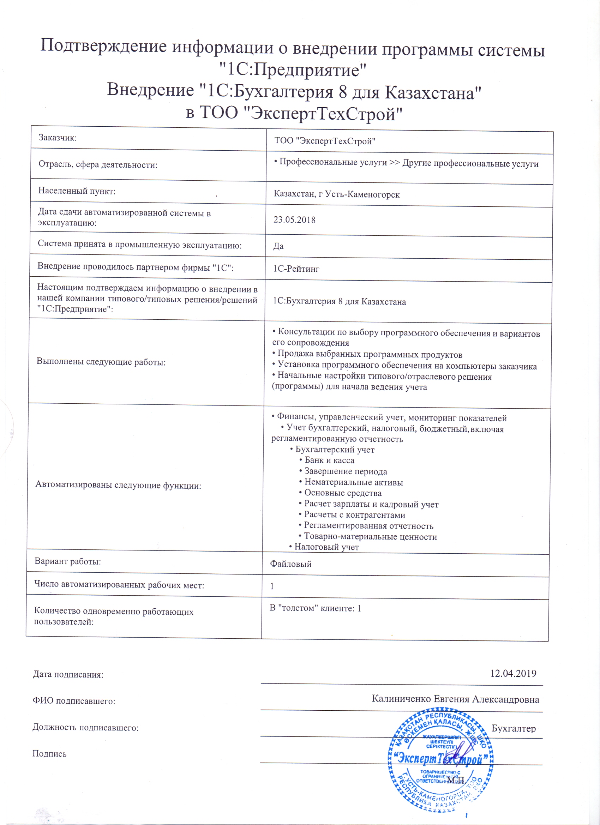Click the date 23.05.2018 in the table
[294, 220]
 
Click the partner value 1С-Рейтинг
[296, 269]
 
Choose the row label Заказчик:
[58, 138]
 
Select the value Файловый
[291, 564]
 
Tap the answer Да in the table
[278, 246]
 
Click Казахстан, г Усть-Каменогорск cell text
[337, 194]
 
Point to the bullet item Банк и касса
[329, 460]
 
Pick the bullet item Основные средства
[342, 493]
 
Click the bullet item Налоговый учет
[326, 547]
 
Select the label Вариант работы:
[68, 561]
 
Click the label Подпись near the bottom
[49, 753]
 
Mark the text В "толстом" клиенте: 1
[315, 608]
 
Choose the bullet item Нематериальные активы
[353, 482]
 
